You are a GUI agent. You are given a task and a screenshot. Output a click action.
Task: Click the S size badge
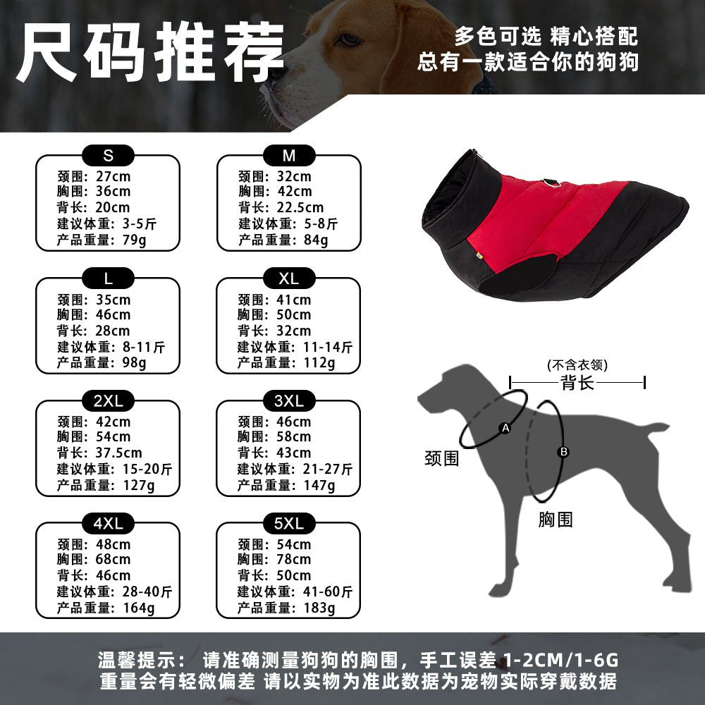coord(108,156)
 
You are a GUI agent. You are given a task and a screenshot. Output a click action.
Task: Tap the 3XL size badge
coord(288,400)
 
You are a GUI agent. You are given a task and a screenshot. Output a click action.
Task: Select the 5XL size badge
coord(288,523)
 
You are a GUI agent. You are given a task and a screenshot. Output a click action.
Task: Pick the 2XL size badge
coord(108,400)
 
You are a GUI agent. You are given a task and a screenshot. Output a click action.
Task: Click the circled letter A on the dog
coord(505,428)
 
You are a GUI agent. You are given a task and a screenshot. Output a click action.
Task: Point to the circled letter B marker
coord(563,452)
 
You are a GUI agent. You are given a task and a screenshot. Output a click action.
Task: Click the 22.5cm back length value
coord(300,207)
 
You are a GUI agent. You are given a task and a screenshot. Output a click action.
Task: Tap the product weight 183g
coord(319,608)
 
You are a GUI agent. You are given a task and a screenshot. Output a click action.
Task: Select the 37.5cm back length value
coord(118,453)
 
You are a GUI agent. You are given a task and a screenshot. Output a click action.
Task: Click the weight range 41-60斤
coord(328,591)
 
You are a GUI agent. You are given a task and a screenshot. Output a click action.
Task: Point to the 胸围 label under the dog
coord(556,520)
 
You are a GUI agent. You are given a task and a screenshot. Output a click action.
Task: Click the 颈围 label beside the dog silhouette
coord(442,459)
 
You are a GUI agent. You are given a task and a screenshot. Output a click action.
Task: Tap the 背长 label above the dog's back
coord(577,383)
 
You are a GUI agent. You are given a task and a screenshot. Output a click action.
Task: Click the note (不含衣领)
coord(577,364)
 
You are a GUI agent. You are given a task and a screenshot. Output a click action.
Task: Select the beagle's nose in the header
coord(275,73)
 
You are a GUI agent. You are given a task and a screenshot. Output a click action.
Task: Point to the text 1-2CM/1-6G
coord(560,660)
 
